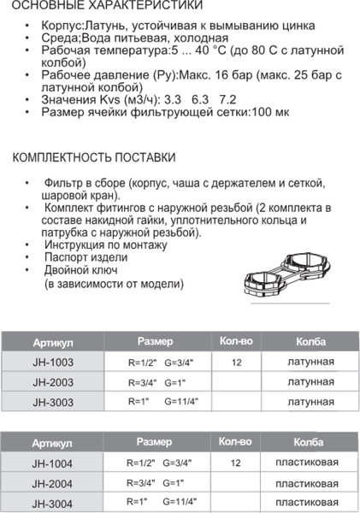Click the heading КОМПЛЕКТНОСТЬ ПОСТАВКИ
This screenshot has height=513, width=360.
(x=95, y=159)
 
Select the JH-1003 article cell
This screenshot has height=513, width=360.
(x=53, y=363)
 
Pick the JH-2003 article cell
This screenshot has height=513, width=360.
(x=53, y=382)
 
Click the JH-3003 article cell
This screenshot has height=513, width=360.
(x=53, y=401)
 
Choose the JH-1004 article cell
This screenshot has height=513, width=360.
(x=53, y=463)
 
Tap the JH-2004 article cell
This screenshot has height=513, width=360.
(x=53, y=483)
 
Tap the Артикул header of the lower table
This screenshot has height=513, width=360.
(x=52, y=444)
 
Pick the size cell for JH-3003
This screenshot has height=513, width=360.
(x=162, y=401)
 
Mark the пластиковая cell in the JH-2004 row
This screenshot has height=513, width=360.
(x=311, y=483)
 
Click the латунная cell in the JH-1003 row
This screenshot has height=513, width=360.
(x=311, y=363)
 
